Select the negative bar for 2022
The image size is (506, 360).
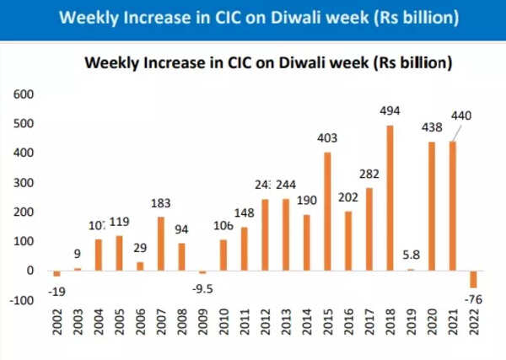474,280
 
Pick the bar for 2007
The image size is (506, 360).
159,244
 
